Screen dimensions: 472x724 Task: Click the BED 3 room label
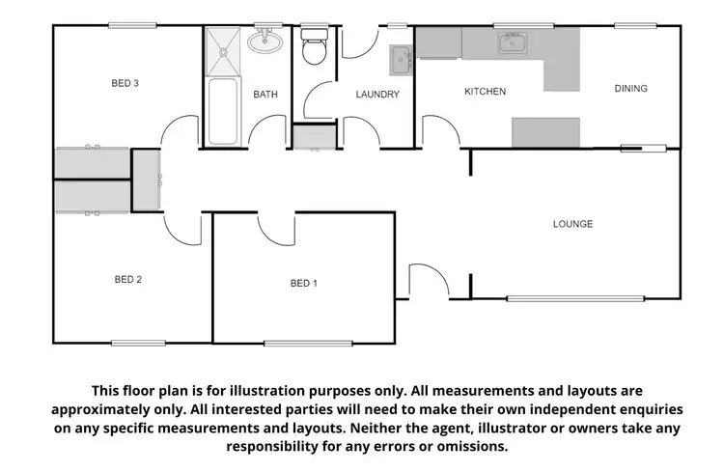point(125,84)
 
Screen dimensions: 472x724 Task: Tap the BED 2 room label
point(128,280)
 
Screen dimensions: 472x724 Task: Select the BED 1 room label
point(303,283)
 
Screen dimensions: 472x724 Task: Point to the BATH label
point(265,95)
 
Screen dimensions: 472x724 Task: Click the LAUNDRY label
point(377,95)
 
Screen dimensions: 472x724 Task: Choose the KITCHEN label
point(485,92)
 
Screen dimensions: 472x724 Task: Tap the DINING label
point(630,89)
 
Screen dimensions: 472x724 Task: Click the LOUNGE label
point(572,224)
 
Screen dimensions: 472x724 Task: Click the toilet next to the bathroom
point(315,46)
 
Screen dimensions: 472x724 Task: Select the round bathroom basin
point(264,42)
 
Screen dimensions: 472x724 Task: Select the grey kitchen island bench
point(545,130)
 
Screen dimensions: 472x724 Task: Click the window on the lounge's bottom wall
point(575,298)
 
